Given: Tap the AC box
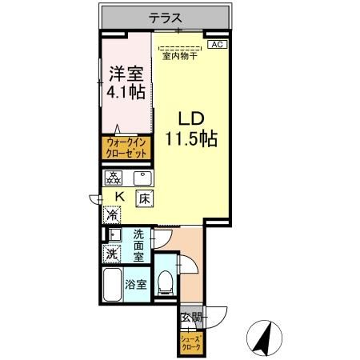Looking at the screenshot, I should pos(217,46).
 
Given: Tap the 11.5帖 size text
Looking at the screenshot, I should pos(192,137).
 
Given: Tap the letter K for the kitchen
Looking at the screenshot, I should pos(120,196).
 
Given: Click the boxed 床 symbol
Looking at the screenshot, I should pos(144,198).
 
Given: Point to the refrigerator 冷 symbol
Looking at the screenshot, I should pos(112,214).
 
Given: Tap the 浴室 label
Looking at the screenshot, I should pos(136,284).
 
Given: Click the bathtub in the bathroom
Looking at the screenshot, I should pos(112,286).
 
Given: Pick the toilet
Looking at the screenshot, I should pos(166,281).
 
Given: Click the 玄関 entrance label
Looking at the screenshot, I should pos(191,318).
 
